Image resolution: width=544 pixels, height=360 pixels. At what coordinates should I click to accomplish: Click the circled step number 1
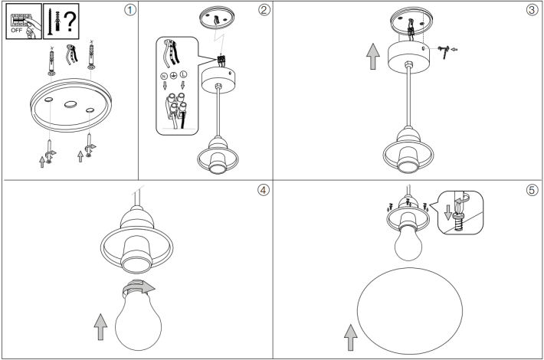click(129, 10)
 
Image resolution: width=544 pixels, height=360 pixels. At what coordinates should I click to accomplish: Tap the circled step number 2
click(264, 10)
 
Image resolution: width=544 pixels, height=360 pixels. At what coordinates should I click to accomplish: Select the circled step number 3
click(533, 10)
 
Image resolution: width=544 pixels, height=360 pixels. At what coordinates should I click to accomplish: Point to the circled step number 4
click(264, 190)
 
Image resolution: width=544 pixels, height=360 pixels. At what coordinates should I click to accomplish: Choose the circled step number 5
click(533, 190)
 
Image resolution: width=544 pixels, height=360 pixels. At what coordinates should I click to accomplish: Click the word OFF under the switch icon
click(16, 31)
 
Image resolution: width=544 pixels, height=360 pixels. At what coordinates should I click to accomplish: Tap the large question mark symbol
click(70, 21)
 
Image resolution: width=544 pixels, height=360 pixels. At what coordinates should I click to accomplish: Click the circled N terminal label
click(164, 76)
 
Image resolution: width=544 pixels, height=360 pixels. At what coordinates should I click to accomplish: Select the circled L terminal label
click(183, 74)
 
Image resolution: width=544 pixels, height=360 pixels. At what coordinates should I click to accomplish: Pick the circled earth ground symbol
click(173, 75)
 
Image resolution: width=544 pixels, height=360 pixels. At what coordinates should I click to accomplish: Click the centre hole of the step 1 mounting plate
click(70, 104)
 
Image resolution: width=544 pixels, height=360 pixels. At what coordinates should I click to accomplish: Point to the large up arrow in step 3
click(373, 56)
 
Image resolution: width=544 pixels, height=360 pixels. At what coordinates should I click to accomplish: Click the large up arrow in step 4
click(100, 327)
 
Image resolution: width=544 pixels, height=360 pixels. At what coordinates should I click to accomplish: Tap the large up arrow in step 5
click(351, 337)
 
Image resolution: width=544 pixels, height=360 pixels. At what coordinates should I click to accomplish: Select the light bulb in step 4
click(138, 315)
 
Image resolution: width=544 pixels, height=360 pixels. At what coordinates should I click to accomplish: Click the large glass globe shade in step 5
click(410, 311)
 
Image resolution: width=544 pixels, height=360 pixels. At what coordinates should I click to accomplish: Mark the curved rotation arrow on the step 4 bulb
click(139, 286)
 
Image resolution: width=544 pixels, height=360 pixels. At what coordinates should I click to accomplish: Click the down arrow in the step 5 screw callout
click(448, 212)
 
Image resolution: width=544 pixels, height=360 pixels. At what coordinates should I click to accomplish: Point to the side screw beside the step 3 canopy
click(444, 51)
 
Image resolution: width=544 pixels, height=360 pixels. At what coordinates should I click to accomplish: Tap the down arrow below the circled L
click(183, 85)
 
